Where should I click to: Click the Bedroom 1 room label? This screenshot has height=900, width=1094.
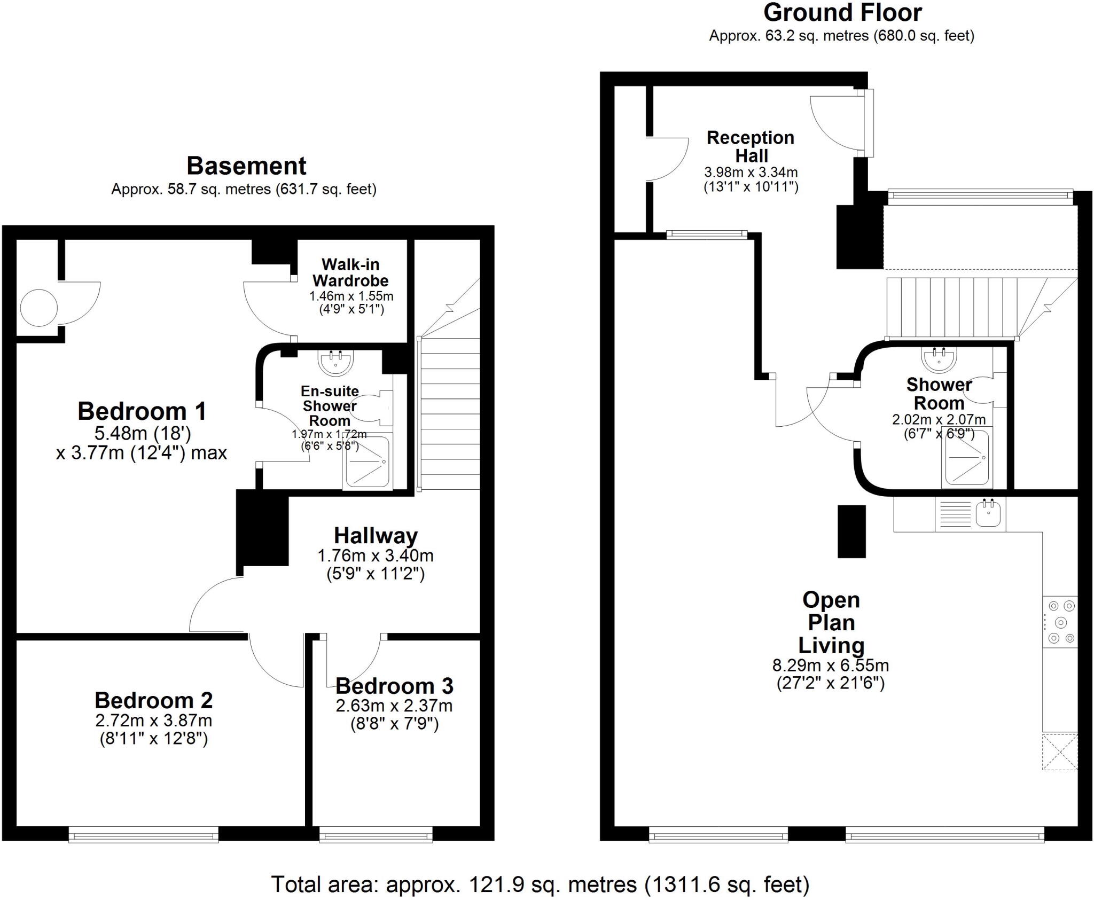click(x=142, y=412)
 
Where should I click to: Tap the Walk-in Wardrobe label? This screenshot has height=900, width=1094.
click(x=350, y=272)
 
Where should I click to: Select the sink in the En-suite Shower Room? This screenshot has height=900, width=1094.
click(x=335, y=362)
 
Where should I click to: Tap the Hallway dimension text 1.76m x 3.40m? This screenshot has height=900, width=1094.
click(x=375, y=555)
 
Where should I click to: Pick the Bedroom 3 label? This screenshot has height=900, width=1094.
click(x=394, y=685)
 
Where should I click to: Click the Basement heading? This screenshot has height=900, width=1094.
click(x=246, y=166)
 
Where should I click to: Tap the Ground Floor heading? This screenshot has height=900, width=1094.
click(x=842, y=13)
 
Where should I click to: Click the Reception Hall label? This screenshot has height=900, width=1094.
click(x=751, y=147)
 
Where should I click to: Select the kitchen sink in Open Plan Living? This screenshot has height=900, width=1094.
click(x=987, y=514)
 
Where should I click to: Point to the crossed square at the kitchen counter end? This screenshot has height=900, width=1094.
click(x=1059, y=752)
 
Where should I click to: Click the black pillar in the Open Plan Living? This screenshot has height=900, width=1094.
click(x=851, y=531)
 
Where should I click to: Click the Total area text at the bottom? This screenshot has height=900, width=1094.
click(x=540, y=885)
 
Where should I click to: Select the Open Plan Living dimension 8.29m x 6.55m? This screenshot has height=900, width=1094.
click(x=830, y=666)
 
